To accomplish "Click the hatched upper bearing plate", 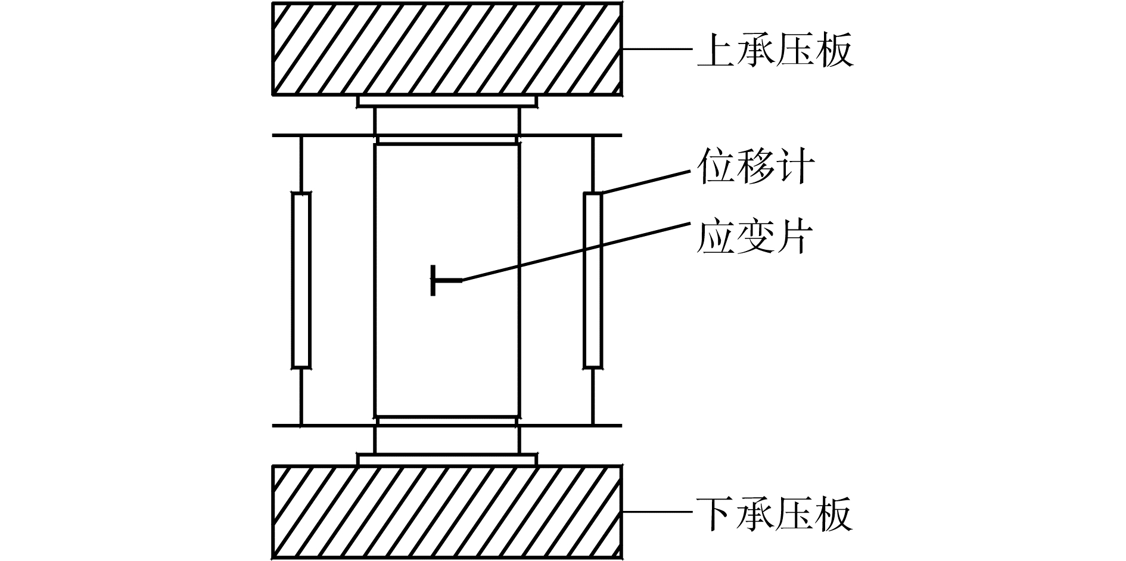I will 447,49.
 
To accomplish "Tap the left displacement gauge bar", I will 301,280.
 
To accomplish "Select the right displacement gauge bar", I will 592,280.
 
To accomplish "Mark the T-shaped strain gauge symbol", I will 441,280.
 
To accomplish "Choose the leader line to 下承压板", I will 658,512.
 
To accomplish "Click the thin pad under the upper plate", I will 447,102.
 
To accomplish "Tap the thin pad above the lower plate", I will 447,459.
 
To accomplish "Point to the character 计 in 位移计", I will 795,166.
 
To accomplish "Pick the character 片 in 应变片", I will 794,237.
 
